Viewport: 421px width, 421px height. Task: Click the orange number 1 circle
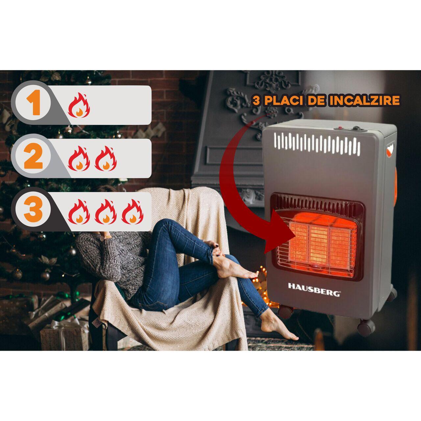33,103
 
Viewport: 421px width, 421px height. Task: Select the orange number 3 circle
33,209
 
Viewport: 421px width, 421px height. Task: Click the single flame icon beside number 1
79,105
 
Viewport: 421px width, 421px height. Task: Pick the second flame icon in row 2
106,159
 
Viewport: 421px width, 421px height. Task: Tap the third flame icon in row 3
133,212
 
